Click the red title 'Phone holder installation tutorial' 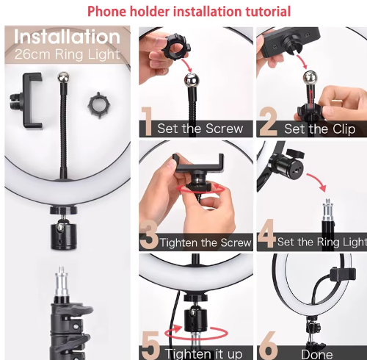click(189, 12)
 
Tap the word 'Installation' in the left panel click(67, 37)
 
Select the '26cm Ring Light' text click(67, 54)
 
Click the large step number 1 click(148, 122)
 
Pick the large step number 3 click(148, 234)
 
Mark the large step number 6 click(269, 346)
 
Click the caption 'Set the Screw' click(200, 129)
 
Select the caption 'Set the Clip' click(319, 129)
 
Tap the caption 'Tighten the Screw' click(206, 242)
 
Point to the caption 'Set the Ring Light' click(321, 242)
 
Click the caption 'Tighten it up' click(203, 354)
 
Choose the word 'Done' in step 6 click(316, 354)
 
